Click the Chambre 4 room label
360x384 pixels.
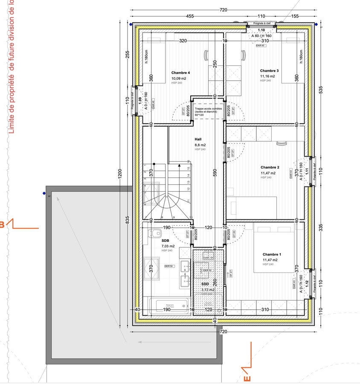click(x=180, y=73)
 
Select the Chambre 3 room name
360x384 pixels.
click(x=269, y=71)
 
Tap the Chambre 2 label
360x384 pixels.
click(x=270, y=167)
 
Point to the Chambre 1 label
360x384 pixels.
click(x=272, y=254)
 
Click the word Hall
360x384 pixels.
click(x=198, y=140)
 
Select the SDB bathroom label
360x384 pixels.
click(x=165, y=241)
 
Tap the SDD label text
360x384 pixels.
click(x=205, y=284)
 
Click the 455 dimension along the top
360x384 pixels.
click(x=190, y=16)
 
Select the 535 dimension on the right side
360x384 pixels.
click(x=321, y=89)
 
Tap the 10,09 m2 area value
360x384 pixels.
click(x=179, y=79)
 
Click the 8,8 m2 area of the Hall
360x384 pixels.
click(x=200, y=145)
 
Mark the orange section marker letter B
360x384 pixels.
click(x=2, y=225)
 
